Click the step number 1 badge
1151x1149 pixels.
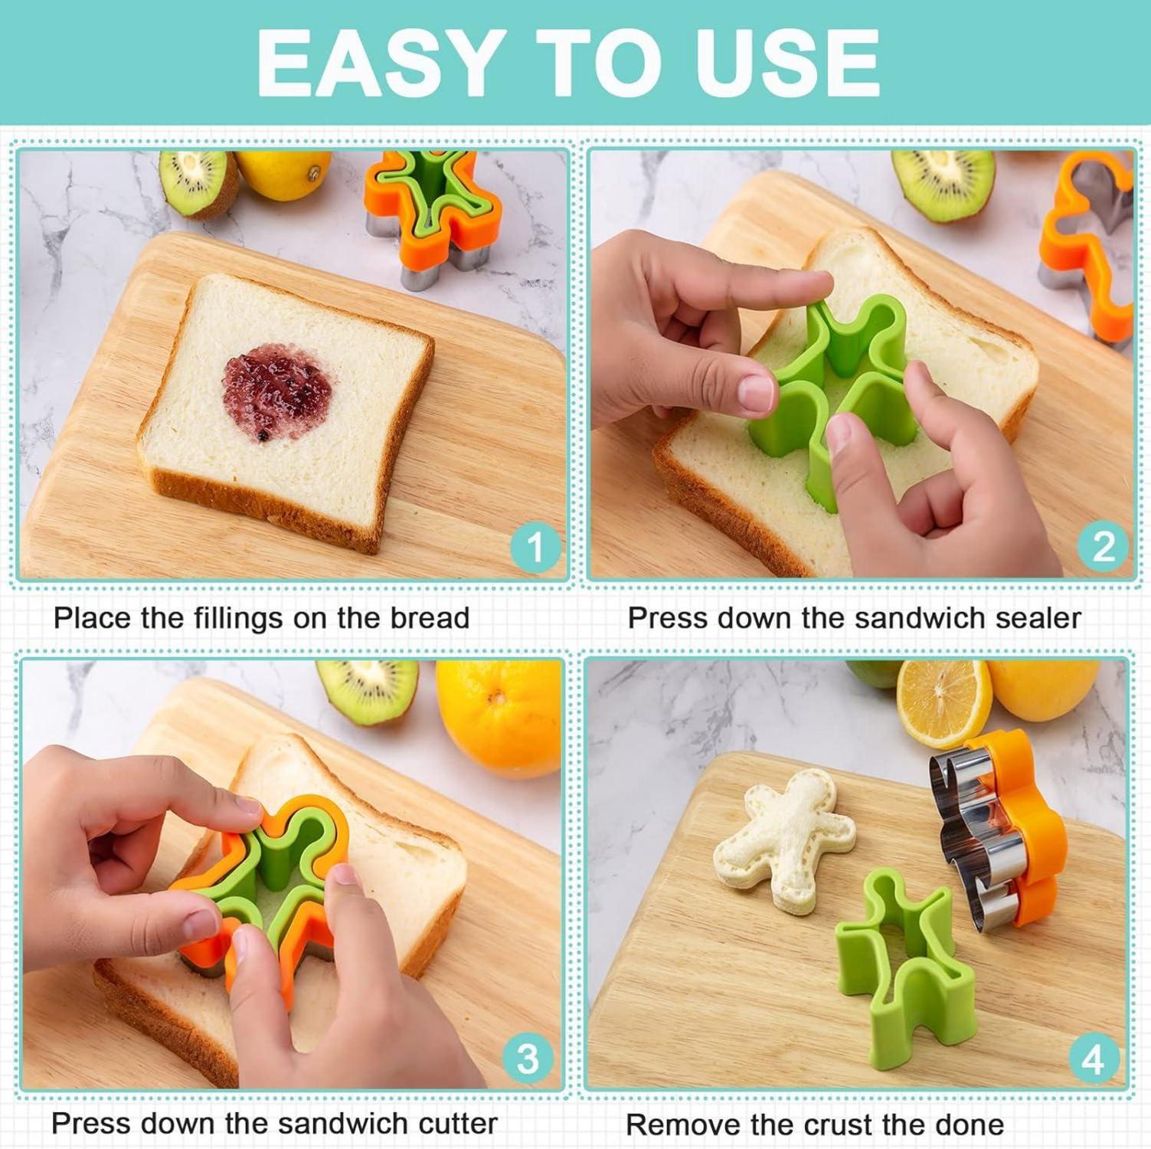coord(535,547)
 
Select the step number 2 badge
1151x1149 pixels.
coord(1103,547)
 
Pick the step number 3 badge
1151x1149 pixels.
coord(528,1059)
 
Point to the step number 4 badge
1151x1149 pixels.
coord(1094,1059)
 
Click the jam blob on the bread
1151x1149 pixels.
coord(279,391)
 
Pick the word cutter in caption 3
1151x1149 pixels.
coord(458,1124)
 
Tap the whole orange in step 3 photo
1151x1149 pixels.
coord(499,709)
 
